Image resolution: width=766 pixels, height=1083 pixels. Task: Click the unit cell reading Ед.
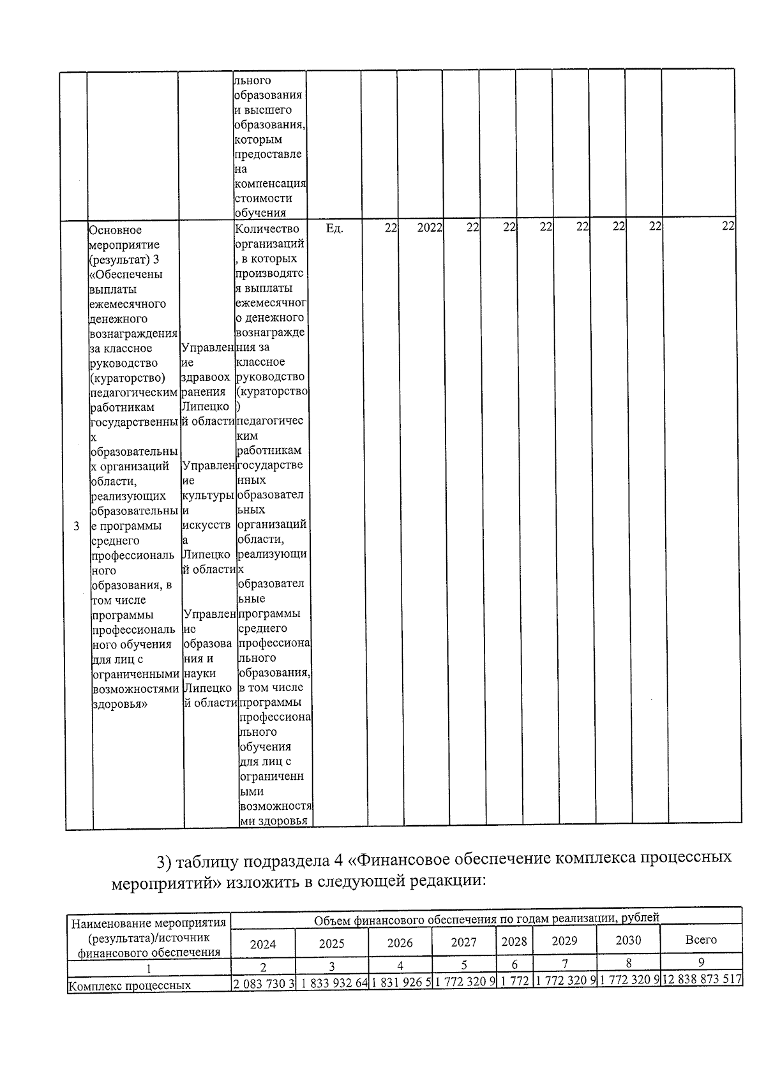[x=334, y=228]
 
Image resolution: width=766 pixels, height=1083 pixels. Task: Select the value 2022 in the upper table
[x=429, y=228]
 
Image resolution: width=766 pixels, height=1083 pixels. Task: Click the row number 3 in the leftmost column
[x=77, y=527]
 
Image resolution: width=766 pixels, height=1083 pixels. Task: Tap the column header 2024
[x=263, y=944]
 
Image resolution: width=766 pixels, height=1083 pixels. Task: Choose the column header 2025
[x=331, y=943]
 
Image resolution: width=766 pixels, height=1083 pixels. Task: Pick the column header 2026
[x=400, y=943]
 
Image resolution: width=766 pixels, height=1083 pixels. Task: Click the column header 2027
[x=463, y=942]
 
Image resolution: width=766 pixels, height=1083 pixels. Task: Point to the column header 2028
[x=514, y=941]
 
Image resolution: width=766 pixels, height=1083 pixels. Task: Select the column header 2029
[x=564, y=941]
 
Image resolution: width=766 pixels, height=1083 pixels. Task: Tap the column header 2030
[x=628, y=940]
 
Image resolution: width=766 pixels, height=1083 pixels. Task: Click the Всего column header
[x=701, y=939]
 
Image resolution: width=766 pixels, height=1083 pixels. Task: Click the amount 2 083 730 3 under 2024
[x=264, y=983]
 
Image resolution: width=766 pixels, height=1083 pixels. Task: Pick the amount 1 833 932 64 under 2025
[x=332, y=983]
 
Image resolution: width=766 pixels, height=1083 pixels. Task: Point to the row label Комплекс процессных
[x=130, y=985]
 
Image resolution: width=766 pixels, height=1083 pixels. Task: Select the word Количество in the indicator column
[x=267, y=229]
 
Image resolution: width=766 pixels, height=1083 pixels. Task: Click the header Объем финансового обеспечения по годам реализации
[x=485, y=918]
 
